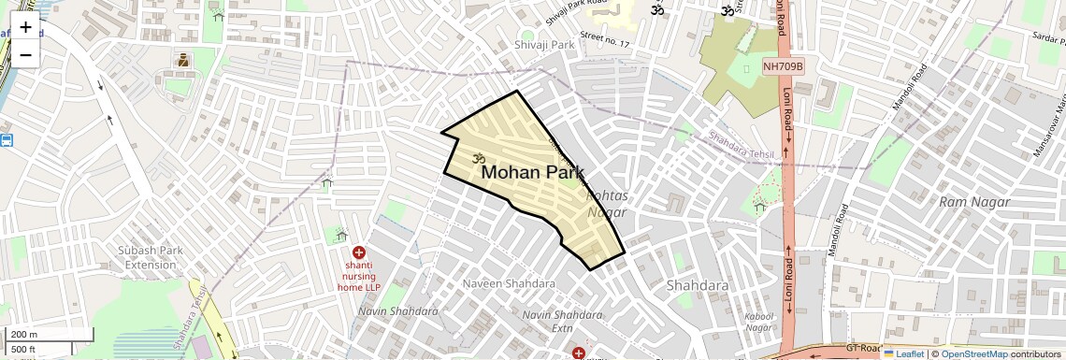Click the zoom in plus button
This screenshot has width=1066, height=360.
(x=25, y=26)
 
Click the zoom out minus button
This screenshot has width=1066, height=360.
(x=25, y=54)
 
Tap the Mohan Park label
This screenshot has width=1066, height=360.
(x=532, y=173)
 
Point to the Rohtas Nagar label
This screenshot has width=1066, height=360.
(x=607, y=204)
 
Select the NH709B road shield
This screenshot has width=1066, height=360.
(x=783, y=66)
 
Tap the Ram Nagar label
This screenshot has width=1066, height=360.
(x=974, y=202)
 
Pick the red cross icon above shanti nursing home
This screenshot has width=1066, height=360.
(x=358, y=252)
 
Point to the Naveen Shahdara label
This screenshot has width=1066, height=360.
(x=509, y=282)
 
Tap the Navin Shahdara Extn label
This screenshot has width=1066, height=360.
(x=560, y=321)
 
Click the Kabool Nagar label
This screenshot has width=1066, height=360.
(x=758, y=323)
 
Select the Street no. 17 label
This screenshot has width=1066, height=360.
(x=605, y=40)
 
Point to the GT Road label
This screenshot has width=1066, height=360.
(x=864, y=347)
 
